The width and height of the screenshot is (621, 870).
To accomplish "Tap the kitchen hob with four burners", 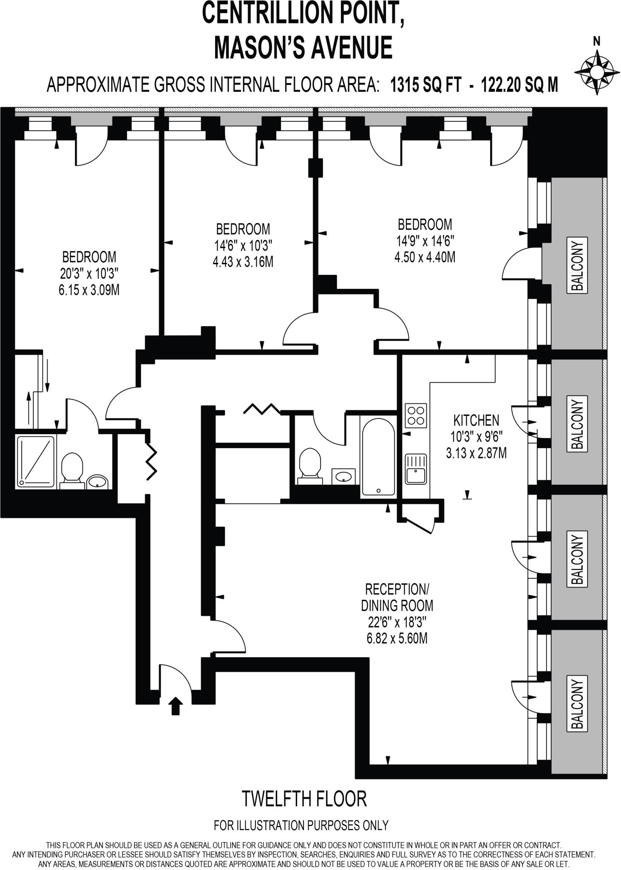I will pyautogui.click(x=416, y=415).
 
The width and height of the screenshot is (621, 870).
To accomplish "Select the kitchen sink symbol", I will pyautogui.click(x=415, y=469).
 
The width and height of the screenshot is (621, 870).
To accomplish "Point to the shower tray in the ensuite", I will pyautogui.click(x=36, y=461).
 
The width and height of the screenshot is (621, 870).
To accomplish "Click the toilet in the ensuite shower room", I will pyautogui.click(x=71, y=469).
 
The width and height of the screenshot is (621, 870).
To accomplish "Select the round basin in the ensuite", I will pyautogui.click(x=98, y=481).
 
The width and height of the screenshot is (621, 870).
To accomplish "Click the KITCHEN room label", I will pyautogui.click(x=476, y=421).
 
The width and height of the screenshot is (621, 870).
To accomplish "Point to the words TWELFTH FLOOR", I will pyautogui.click(x=304, y=799).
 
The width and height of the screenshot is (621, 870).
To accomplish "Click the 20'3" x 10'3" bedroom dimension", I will pyautogui.click(x=89, y=273).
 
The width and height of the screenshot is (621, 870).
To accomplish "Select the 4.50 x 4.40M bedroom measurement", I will pyautogui.click(x=425, y=257).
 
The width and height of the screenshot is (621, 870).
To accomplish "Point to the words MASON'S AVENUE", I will pyautogui.click(x=303, y=48).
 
